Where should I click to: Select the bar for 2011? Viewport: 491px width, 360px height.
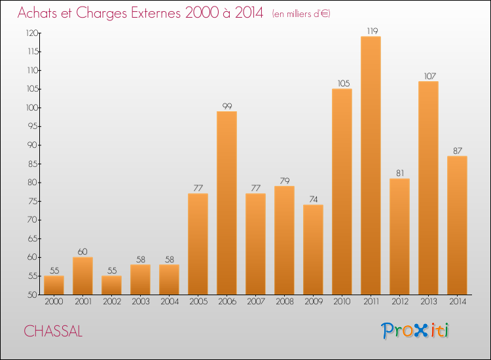(371, 166)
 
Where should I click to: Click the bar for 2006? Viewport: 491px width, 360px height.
(227, 203)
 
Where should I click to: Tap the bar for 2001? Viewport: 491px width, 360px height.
(82, 276)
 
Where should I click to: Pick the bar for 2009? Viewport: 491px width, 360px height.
(313, 249)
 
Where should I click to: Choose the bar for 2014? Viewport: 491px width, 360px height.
(457, 225)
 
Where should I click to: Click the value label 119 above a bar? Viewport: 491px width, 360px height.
(373, 31)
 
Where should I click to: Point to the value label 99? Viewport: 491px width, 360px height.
(227, 106)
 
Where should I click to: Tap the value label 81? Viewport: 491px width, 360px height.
(400, 173)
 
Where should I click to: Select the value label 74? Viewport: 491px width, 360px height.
(314, 200)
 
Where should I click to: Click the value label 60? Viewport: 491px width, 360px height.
(82, 252)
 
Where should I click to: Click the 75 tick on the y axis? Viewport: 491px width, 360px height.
(33, 201)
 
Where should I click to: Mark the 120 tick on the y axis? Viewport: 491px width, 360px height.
(32, 33)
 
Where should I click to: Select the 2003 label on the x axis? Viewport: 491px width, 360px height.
(141, 302)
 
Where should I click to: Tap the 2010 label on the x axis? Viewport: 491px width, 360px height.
(342, 302)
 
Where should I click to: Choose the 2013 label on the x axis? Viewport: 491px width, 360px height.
(428, 302)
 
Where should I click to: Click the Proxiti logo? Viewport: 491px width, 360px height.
(415, 331)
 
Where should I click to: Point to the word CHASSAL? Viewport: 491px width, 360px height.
(53, 331)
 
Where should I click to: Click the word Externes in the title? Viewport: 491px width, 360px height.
(156, 12)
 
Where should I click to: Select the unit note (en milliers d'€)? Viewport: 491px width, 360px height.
(301, 14)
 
